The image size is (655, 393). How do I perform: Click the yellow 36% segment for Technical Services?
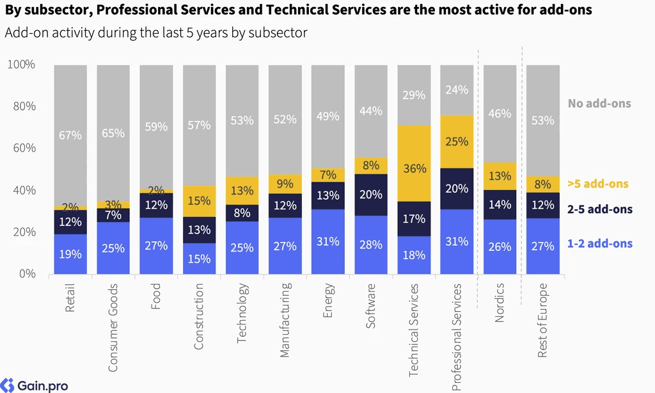pos(414,163)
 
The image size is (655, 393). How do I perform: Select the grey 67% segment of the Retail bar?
pos(70,136)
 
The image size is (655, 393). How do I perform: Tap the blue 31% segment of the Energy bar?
pos(328,242)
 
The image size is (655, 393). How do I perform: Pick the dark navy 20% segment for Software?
pos(371,195)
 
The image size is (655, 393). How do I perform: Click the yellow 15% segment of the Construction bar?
pos(200,201)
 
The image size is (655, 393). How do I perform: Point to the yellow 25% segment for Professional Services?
pos(457,141)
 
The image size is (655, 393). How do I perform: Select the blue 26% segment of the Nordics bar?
pos(500,246)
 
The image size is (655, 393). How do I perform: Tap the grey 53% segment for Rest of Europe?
pos(542,120)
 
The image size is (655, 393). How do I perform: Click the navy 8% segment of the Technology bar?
pos(242,213)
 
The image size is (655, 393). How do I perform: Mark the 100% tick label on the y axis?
pos(21,65)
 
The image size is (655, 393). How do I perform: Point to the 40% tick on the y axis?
pos(24,190)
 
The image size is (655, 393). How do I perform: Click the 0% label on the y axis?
pos(27,274)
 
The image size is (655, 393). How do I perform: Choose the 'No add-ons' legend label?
pos(599,103)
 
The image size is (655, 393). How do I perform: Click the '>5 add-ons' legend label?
pos(598,184)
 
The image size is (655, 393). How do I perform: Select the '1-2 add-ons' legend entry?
pos(600,243)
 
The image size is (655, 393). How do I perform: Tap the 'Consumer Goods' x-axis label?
pos(113,328)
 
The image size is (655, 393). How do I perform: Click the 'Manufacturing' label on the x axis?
pos(285,320)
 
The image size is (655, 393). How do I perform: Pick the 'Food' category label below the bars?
pos(156,296)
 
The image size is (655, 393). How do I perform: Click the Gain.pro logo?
pos(35,385)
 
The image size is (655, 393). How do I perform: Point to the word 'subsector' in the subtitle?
pos(278,33)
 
